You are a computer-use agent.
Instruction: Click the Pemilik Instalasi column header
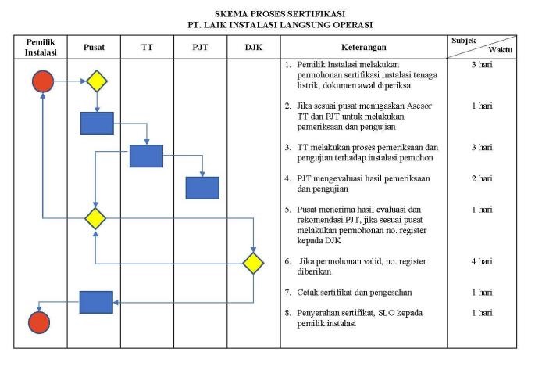40,46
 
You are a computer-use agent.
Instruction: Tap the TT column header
147,47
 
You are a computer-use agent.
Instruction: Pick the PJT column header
200,47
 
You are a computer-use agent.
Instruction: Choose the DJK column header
253,47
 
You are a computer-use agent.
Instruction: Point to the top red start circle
43,81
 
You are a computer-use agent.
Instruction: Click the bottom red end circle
38,322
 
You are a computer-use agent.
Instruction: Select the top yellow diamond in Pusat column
97,81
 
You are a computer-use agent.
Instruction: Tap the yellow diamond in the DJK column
254,263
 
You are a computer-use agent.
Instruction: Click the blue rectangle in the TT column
146,156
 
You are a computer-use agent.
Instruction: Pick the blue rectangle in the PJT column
202,188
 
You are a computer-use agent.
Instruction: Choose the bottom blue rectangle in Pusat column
96,301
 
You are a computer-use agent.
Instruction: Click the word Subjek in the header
464,40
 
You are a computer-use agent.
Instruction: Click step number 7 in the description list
287,293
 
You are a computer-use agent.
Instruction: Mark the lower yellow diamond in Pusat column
95,217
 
